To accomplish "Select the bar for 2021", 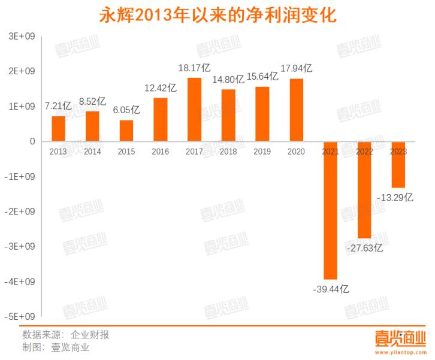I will click(330, 210).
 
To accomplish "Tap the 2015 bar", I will click(126, 131).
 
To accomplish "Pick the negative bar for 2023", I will click(398, 165).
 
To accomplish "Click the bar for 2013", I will click(58, 129).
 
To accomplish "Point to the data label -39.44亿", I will click(331, 289).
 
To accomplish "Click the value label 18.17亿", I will click(195, 68).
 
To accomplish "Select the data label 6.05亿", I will click(126, 110).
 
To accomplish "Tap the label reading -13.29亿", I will click(395, 196).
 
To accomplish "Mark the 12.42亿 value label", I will click(161, 88).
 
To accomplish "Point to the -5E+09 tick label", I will click(21, 316).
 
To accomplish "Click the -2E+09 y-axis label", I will click(21, 211).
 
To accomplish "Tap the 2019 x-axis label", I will click(262, 152).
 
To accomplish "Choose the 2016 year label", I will click(161, 152).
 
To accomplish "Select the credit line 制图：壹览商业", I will click(56, 347).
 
